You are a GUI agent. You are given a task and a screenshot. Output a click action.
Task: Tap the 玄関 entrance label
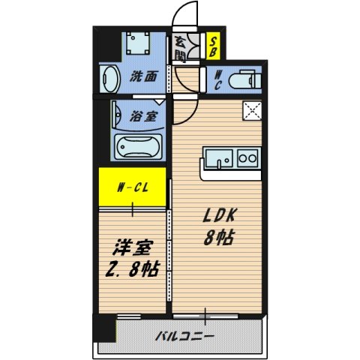pyautogui.click(x=181, y=49)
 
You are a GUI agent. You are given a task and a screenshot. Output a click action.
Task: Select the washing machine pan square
pyautogui.click(x=137, y=43)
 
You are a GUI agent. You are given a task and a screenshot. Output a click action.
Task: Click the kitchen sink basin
pyautogui.click(x=218, y=159)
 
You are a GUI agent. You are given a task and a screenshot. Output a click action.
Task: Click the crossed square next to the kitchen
pyautogui.click(x=251, y=112)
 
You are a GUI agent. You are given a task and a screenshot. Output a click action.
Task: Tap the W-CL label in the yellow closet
pyautogui.click(x=132, y=187)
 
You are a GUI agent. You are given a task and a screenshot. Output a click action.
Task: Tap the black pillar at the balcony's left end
pyautogui.click(x=104, y=328)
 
